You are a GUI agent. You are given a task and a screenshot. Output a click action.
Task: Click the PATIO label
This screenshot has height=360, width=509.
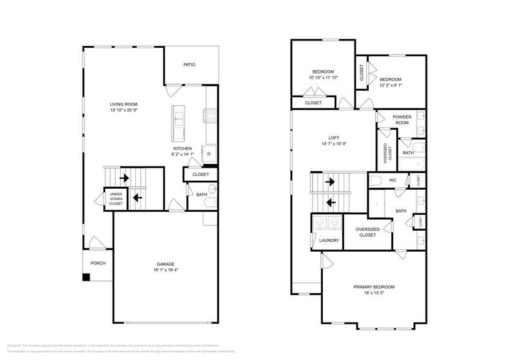point(190,65)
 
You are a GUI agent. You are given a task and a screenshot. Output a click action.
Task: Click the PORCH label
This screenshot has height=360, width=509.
point(98,263)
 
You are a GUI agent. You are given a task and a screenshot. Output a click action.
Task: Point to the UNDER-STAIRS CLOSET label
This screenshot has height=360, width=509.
point(116,198)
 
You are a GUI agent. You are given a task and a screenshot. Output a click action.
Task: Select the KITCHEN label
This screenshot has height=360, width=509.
point(183,149)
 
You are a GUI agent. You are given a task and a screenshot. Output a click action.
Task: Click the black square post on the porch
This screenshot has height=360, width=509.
point(87,277)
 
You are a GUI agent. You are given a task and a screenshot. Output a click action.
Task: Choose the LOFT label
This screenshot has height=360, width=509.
point(334,138)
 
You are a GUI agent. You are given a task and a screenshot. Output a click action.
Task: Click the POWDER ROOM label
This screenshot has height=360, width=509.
point(402,119)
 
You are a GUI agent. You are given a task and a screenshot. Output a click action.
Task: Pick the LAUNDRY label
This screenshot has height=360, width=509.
point(329,240)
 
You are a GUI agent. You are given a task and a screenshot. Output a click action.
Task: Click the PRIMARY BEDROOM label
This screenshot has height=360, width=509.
point(374,287)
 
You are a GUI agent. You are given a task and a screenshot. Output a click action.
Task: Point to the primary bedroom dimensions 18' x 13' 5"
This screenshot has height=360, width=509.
point(374,293)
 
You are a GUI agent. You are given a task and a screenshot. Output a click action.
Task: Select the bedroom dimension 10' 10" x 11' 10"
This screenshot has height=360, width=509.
point(323,78)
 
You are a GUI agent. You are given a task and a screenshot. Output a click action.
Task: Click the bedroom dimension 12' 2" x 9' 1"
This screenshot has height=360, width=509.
point(390,86)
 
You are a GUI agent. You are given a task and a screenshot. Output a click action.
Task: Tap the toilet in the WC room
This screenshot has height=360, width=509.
point(376,180)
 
